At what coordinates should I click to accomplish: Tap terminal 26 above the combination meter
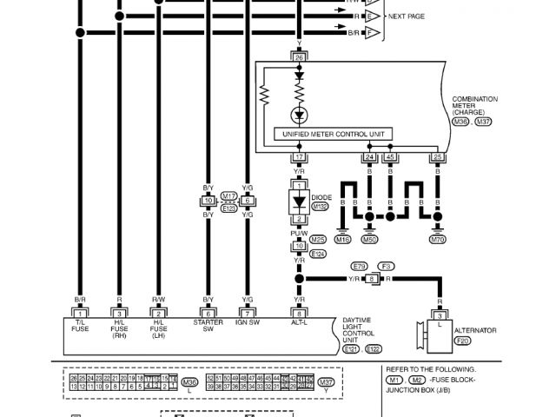point(300,57)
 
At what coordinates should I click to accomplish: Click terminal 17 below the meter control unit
point(300,157)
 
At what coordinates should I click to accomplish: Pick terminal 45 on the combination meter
point(390,157)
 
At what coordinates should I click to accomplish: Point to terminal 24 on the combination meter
point(368,157)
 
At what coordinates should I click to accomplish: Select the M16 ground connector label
point(343,239)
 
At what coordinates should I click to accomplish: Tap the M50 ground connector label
point(369,239)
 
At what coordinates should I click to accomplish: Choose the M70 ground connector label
point(438,239)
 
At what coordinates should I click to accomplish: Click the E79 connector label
point(359,266)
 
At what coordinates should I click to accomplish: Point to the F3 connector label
point(387,266)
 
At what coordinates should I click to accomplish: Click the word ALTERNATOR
point(475,330)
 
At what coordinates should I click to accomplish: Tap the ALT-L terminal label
point(300,322)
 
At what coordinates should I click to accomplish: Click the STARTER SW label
point(208,326)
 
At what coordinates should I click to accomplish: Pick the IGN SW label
point(248,322)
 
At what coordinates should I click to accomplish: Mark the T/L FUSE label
point(80,326)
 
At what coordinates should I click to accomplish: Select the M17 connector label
point(228,195)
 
